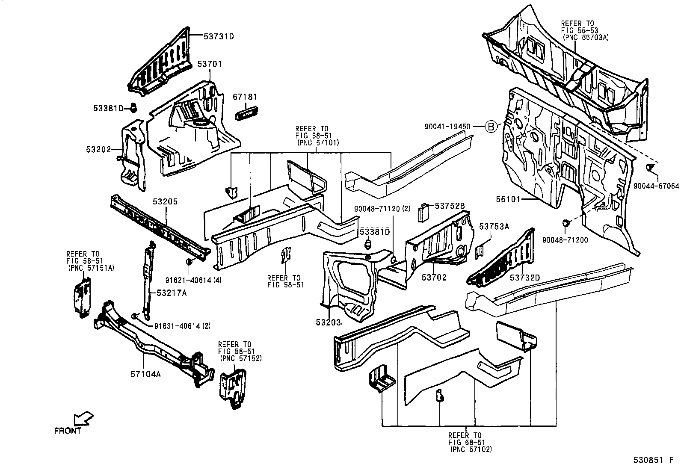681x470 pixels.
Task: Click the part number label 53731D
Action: pos(219,36)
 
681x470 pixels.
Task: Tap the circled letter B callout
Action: pos(492,127)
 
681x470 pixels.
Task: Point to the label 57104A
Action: pos(145,374)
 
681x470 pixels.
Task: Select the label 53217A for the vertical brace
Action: pos(172,293)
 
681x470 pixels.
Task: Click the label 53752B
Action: pos(450,206)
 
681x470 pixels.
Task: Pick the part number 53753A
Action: pos(494,227)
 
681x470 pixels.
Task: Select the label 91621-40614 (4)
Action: pos(193,280)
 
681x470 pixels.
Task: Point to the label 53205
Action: pos(166,201)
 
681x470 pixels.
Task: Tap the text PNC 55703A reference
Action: pos(586,37)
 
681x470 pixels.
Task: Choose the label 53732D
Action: pos(525,278)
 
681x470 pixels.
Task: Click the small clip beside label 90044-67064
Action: pos(650,166)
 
